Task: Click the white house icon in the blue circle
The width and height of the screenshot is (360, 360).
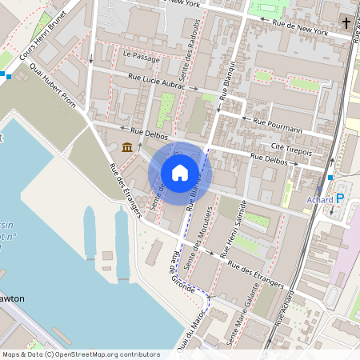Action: click(x=180, y=172)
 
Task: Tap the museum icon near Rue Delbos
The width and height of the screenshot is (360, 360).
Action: click(x=128, y=146)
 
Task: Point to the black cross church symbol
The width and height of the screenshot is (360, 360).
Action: click(x=345, y=22)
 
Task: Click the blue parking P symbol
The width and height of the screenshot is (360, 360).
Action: click(x=340, y=198)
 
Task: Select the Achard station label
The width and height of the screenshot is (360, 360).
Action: click(x=319, y=199)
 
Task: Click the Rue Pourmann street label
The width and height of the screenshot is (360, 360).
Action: click(x=277, y=125)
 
